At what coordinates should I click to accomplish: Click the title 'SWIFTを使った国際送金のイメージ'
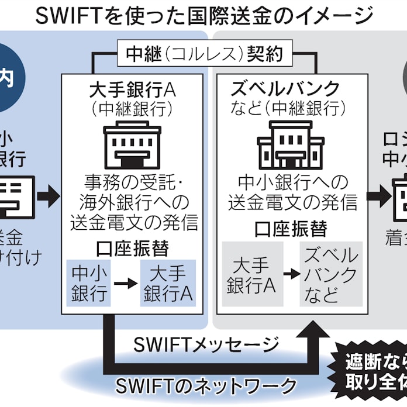[x=203, y=15]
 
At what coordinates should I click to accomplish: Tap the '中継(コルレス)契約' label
[x=204, y=54]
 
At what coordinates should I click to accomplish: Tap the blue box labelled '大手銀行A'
[x=168, y=282]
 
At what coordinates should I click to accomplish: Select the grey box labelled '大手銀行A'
[x=251, y=274]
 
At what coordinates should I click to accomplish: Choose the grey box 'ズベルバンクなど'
[x=329, y=274]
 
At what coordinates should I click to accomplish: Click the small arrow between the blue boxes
[x=125, y=283]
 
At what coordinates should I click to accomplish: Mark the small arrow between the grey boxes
[x=291, y=274]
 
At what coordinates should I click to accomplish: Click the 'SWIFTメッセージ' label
[x=206, y=346]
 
